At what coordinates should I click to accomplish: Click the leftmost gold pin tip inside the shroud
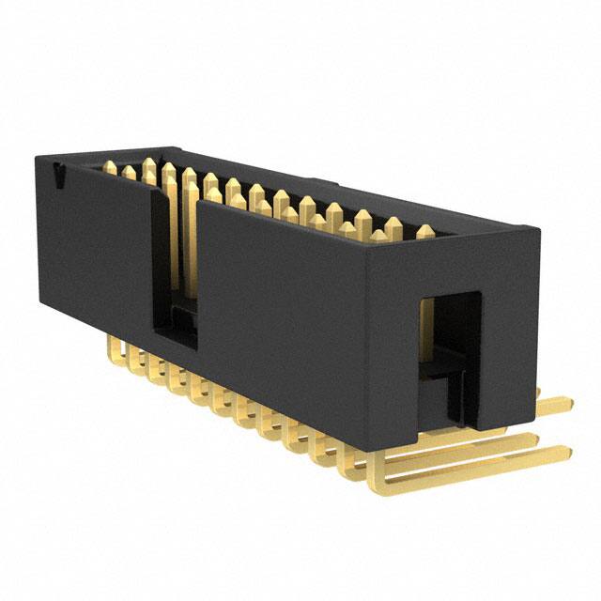tap(111, 169)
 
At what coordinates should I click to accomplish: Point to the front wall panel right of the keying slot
tap(282, 300)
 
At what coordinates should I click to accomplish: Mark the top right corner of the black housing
tap(541, 230)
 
